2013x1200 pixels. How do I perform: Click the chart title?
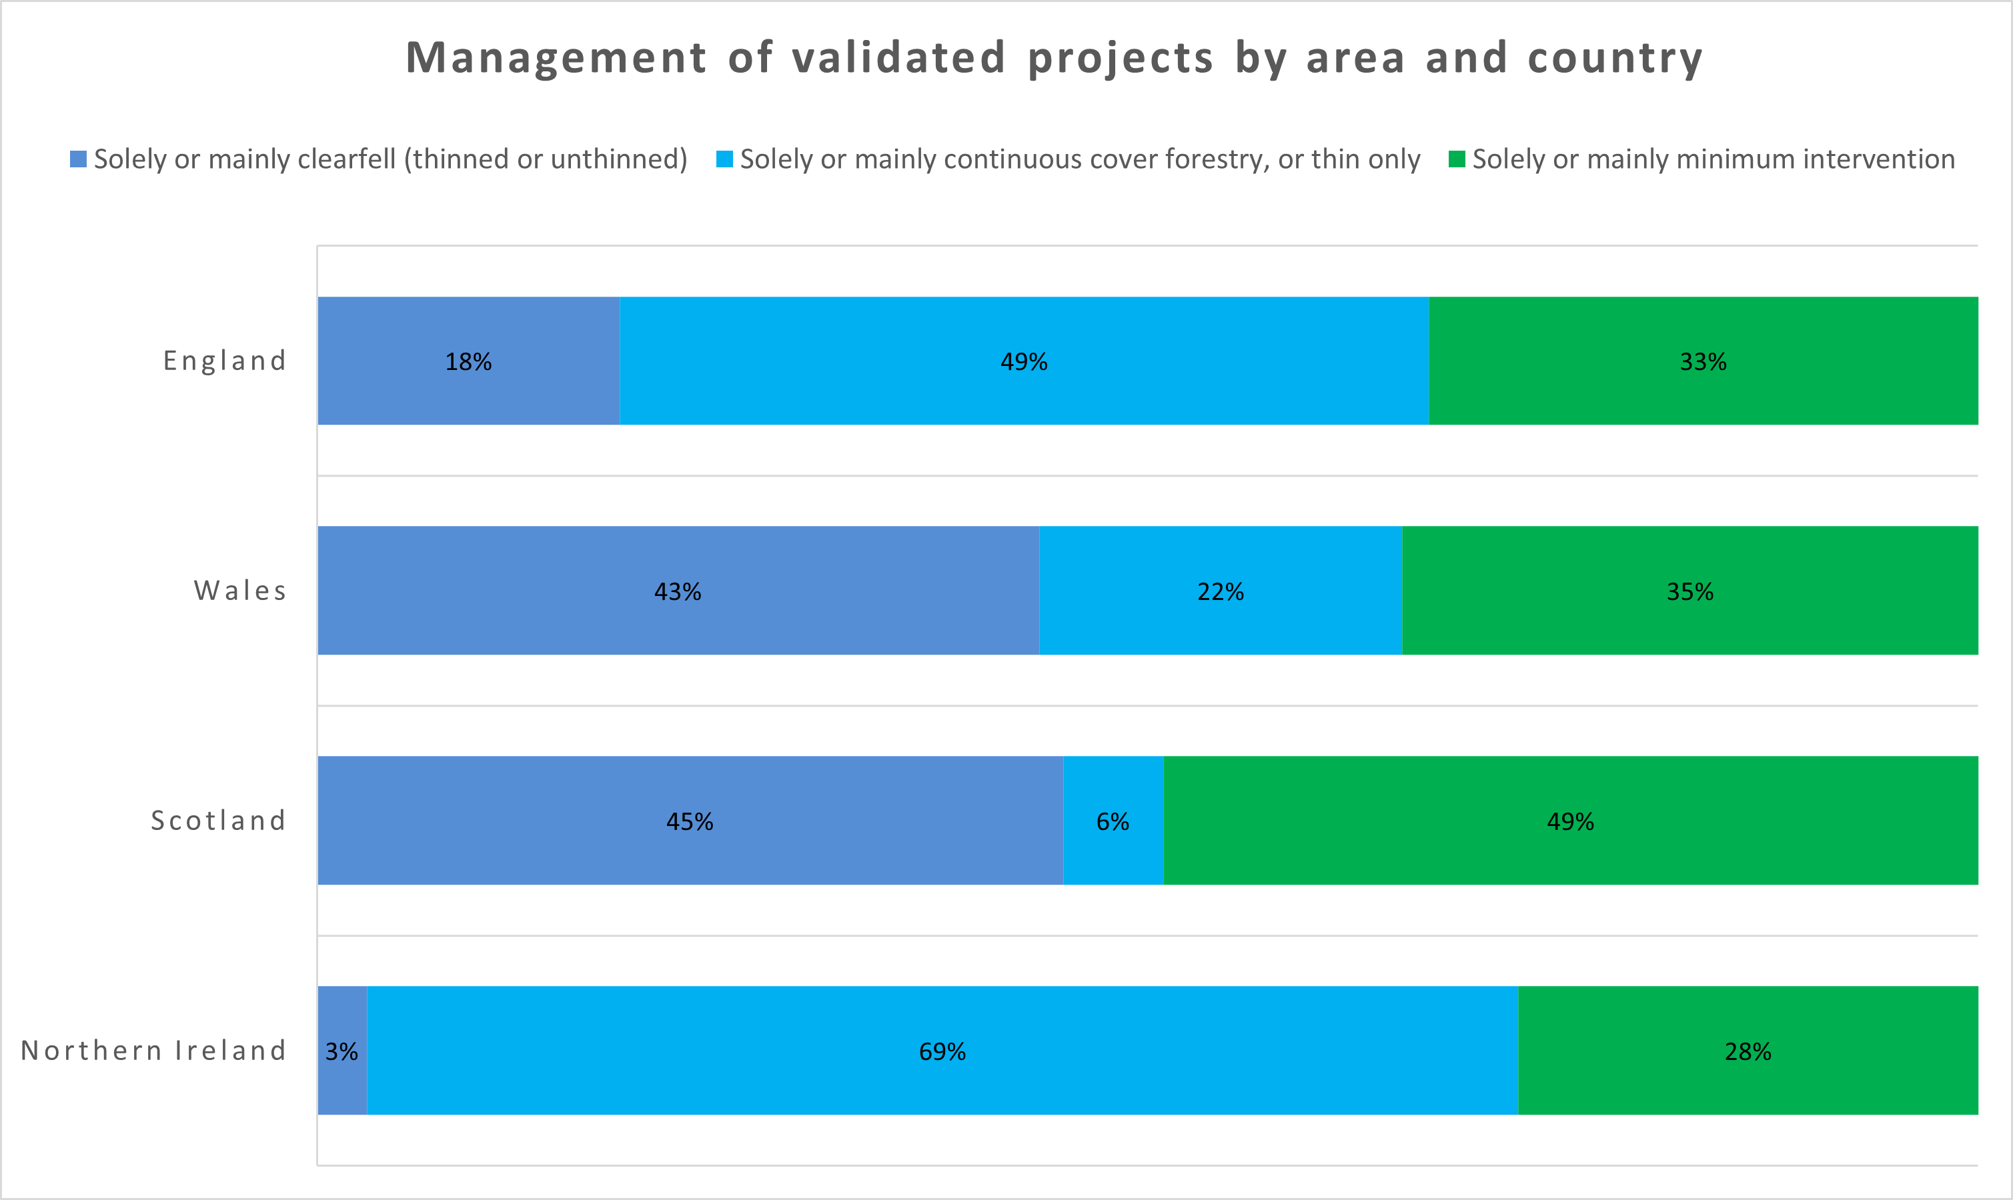(x=1054, y=58)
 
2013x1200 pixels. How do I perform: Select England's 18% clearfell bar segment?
(x=468, y=361)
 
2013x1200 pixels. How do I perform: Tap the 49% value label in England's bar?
(x=1023, y=361)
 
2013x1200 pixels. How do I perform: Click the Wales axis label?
(x=240, y=591)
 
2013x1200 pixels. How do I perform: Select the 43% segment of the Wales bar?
(x=678, y=591)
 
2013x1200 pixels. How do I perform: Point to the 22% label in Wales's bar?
(x=1220, y=592)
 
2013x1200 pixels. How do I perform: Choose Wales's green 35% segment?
(x=1690, y=591)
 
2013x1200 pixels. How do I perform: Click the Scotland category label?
(x=218, y=821)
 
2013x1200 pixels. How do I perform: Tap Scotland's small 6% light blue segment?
(x=1113, y=821)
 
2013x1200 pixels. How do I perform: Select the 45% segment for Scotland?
(x=689, y=821)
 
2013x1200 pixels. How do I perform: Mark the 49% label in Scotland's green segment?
(x=1570, y=821)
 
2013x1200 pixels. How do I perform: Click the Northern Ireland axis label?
(x=153, y=1051)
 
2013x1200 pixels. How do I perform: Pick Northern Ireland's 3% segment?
(x=342, y=1051)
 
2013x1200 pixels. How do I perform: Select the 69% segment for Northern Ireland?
(x=942, y=1051)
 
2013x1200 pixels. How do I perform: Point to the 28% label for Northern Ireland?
(x=1747, y=1051)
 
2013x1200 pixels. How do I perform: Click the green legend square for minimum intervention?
(x=1457, y=159)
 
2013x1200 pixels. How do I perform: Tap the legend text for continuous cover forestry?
(x=1080, y=159)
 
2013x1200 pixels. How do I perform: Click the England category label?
(x=225, y=361)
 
